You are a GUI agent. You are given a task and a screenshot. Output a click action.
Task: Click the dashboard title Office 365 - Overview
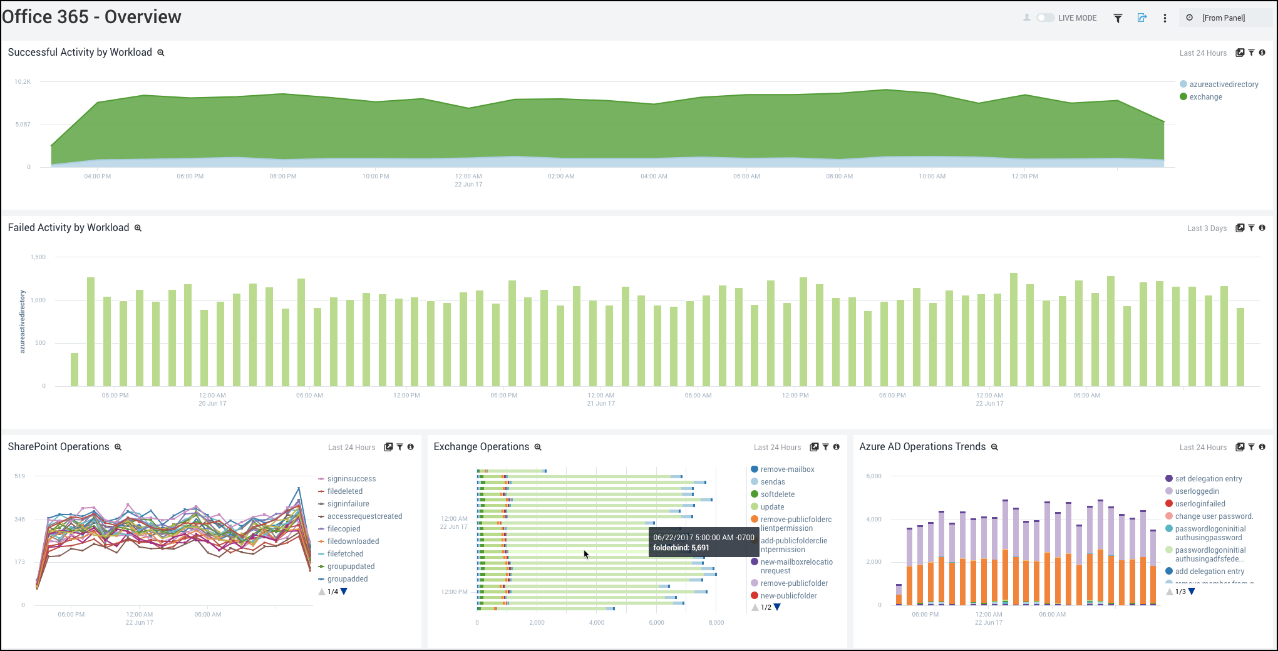click(x=91, y=17)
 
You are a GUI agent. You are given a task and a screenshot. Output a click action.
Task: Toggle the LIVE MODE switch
click(x=1045, y=18)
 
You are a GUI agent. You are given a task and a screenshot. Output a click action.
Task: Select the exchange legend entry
click(x=1205, y=97)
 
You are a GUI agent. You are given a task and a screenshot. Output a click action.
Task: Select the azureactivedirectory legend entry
click(x=1224, y=85)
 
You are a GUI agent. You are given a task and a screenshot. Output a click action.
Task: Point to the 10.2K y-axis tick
click(x=23, y=82)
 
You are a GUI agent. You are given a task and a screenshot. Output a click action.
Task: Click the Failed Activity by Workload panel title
click(x=68, y=228)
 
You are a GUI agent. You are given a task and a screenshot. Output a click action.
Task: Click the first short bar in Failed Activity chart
click(x=75, y=369)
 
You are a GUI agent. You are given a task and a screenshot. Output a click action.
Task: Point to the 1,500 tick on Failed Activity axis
click(x=38, y=257)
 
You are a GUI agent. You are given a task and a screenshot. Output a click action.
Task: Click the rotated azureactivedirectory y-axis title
click(x=23, y=322)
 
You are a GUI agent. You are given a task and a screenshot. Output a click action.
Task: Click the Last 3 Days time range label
click(x=1207, y=228)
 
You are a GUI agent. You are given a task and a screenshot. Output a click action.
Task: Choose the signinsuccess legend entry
click(x=351, y=479)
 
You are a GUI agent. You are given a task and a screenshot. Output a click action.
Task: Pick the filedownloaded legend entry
click(x=353, y=541)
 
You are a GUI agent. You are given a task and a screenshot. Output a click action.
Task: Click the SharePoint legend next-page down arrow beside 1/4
click(x=344, y=592)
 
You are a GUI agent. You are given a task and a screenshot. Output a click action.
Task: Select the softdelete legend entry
click(x=777, y=495)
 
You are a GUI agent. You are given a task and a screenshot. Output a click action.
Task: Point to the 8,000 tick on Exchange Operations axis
click(x=716, y=623)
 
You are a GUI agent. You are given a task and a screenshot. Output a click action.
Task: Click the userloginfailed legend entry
click(x=1200, y=504)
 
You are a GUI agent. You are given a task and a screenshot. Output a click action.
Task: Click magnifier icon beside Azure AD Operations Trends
click(x=994, y=447)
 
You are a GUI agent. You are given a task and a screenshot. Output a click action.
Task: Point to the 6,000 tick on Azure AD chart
click(x=873, y=476)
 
